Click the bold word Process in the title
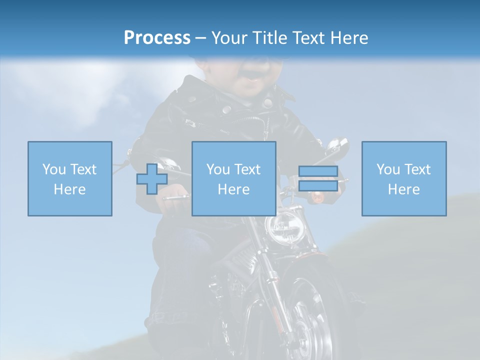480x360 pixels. (157, 37)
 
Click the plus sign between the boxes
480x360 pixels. (152, 178)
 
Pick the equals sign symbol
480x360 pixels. (318, 178)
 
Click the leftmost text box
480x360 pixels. (70, 178)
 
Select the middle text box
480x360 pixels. (234, 178)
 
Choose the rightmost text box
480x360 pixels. (404, 178)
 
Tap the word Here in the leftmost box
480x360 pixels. (69, 189)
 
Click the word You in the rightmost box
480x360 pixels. (388, 169)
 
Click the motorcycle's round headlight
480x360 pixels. (285, 228)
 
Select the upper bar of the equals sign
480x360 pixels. (318, 171)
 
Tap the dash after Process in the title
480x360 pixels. (200, 38)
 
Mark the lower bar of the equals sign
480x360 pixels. (318, 186)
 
